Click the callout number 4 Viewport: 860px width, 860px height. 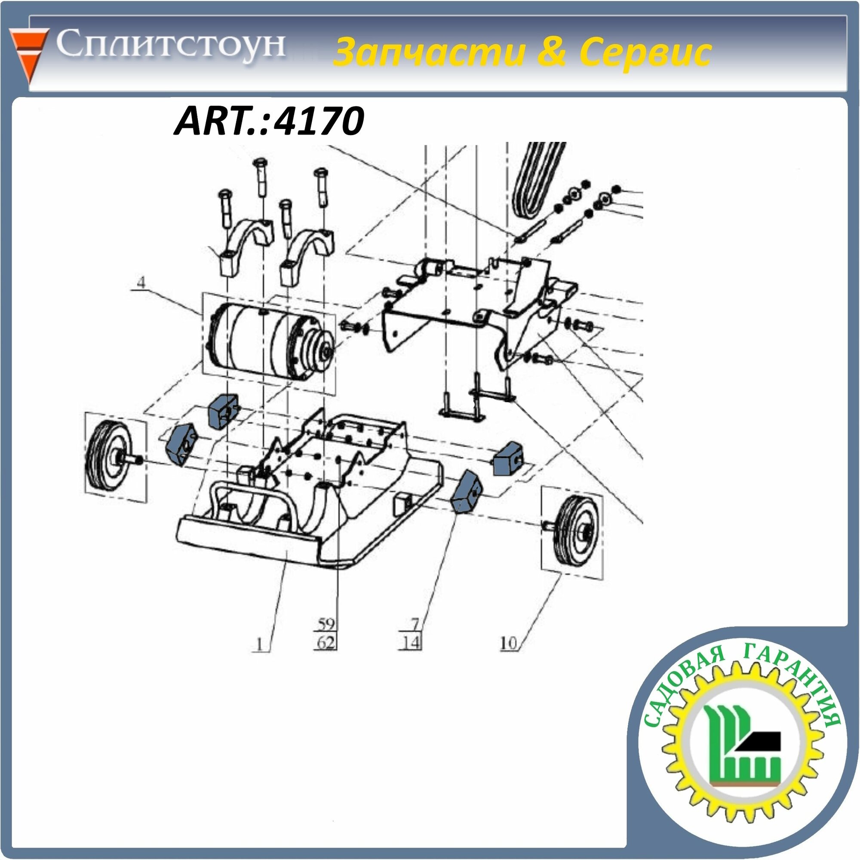coord(141,282)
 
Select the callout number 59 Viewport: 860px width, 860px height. coord(326,623)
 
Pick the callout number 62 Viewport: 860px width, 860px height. coord(326,643)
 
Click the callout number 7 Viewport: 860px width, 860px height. coord(415,623)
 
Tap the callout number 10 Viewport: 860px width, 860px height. coord(508,643)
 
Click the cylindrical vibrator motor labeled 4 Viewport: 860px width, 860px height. coord(271,342)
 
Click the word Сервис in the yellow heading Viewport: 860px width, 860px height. coord(645,52)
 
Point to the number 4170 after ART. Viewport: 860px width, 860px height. coord(319,121)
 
